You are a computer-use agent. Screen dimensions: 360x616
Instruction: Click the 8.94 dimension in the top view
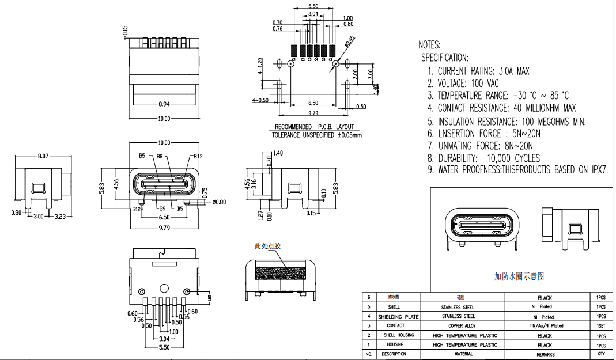pos(164,104)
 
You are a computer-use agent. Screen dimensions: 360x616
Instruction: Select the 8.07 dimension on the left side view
pos(43,156)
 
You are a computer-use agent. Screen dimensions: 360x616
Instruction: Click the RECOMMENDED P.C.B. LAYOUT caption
pos(314,127)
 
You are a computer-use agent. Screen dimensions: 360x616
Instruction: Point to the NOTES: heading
pos(429,44)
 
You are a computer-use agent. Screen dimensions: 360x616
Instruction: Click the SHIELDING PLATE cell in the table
pos(398,317)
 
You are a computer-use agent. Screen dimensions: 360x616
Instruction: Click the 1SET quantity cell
pos(601,326)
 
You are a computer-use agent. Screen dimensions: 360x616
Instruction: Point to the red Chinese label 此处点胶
pos(268,246)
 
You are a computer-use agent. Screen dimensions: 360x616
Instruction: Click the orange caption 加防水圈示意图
pos(519,276)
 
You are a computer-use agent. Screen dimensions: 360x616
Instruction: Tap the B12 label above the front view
pos(198,156)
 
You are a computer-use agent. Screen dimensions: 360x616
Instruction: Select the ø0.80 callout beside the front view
pos(220,202)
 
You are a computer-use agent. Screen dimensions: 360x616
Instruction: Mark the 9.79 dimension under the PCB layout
pos(313,113)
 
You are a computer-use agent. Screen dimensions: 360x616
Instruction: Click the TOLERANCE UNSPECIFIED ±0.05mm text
pos(316,135)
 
